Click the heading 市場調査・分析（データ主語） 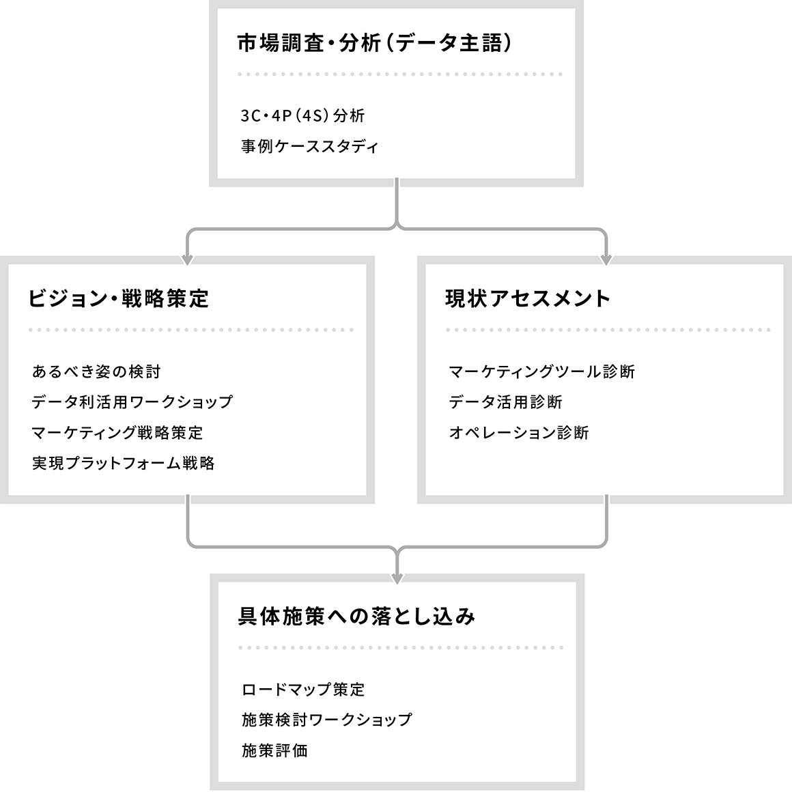375,44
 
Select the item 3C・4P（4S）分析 302,115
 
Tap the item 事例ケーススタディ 309,147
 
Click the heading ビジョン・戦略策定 118,298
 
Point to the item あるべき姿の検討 96,371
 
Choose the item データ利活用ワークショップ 132,402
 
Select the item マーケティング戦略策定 117,433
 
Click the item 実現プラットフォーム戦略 124,463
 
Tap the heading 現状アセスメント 528,298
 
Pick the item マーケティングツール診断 542,371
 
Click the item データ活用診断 506,402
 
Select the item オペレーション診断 519,433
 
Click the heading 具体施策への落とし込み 356,617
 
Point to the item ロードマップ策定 303,690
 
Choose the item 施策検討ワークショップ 327,720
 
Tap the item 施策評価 274,750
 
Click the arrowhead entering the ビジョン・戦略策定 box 187,260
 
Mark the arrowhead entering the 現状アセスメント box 606,260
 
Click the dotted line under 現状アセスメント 608,330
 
